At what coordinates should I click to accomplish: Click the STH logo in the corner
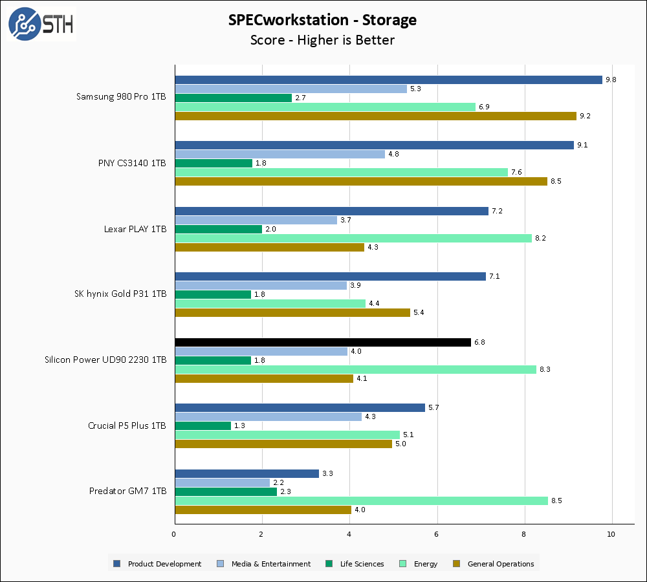(41, 25)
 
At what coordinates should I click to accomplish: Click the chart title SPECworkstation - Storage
(322, 20)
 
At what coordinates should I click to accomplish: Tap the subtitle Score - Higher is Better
(322, 40)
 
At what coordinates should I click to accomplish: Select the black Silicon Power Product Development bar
(323, 342)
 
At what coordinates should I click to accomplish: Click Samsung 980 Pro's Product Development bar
(388, 80)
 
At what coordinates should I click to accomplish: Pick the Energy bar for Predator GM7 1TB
(361, 501)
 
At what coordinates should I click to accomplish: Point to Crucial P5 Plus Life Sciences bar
(203, 426)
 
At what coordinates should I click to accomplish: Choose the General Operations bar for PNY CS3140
(361, 181)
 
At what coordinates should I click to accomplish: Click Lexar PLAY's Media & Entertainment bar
(256, 220)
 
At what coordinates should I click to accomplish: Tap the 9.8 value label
(611, 80)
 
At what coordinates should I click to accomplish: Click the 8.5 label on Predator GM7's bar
(556, 501)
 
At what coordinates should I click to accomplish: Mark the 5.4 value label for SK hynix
(419, 312)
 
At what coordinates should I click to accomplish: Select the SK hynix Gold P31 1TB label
(120, 294)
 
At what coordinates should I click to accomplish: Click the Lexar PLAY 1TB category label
(136, 228)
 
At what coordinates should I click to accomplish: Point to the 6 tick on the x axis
(437, 534)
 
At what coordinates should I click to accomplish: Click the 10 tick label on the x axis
(611, 534)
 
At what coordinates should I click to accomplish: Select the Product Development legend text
(164, 564)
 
